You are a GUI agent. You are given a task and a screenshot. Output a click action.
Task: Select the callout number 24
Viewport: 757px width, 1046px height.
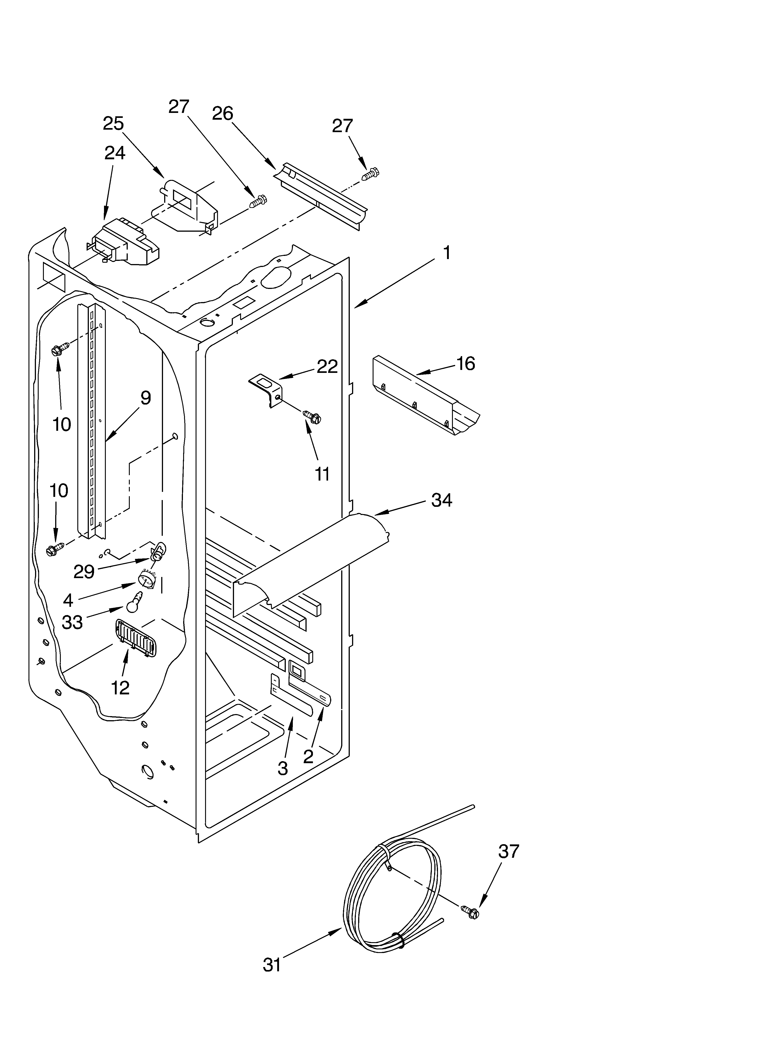pos(114,153)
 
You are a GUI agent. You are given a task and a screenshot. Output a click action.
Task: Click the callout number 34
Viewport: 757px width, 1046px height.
pos(441,500)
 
